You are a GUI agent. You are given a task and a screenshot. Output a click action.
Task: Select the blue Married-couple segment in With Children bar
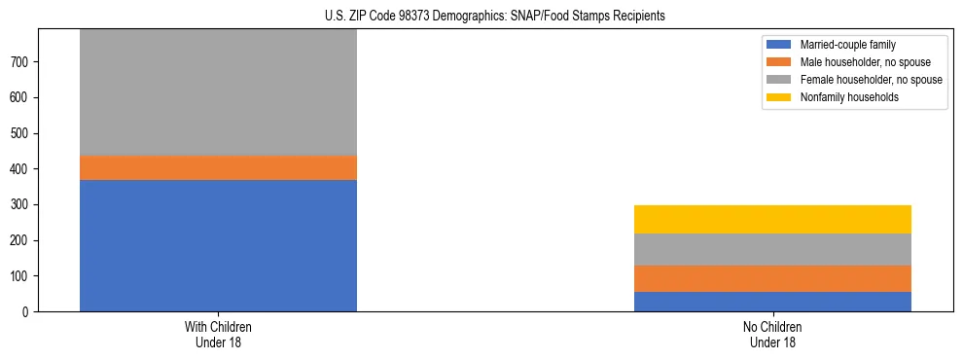[218, 245]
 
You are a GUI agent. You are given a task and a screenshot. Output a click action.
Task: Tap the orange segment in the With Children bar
[218, 167]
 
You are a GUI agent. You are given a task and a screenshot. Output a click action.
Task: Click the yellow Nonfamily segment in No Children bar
[772, 219]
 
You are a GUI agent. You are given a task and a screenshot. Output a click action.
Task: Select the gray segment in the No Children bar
[772, 249]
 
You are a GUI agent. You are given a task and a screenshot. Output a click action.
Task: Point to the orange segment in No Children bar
[772, 278]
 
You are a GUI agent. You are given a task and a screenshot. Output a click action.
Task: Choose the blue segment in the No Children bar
[772, 302]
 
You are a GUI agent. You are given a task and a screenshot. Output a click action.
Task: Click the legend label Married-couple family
[848, 45]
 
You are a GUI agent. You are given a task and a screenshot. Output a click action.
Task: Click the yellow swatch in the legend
[779, 97]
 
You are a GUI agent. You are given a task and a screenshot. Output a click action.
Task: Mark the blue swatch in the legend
[779, 45]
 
